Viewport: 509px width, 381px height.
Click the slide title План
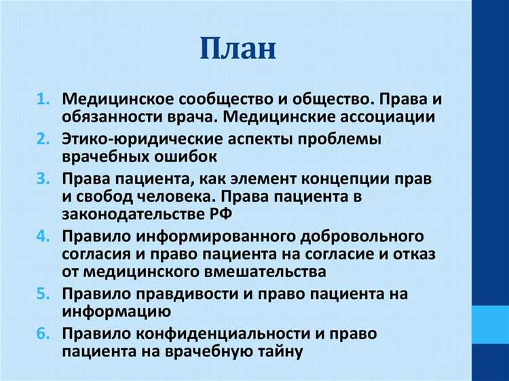click(239, 49)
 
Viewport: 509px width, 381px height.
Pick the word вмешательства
click(259, 272)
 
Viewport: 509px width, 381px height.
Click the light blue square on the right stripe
click(489, 323)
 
